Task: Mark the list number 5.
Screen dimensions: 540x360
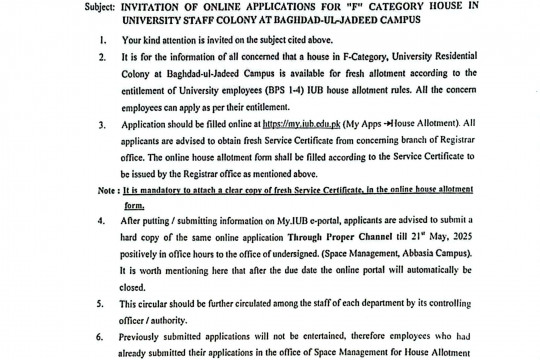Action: [x=104, y=300]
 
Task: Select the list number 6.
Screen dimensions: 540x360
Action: [x=104, y=339]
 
